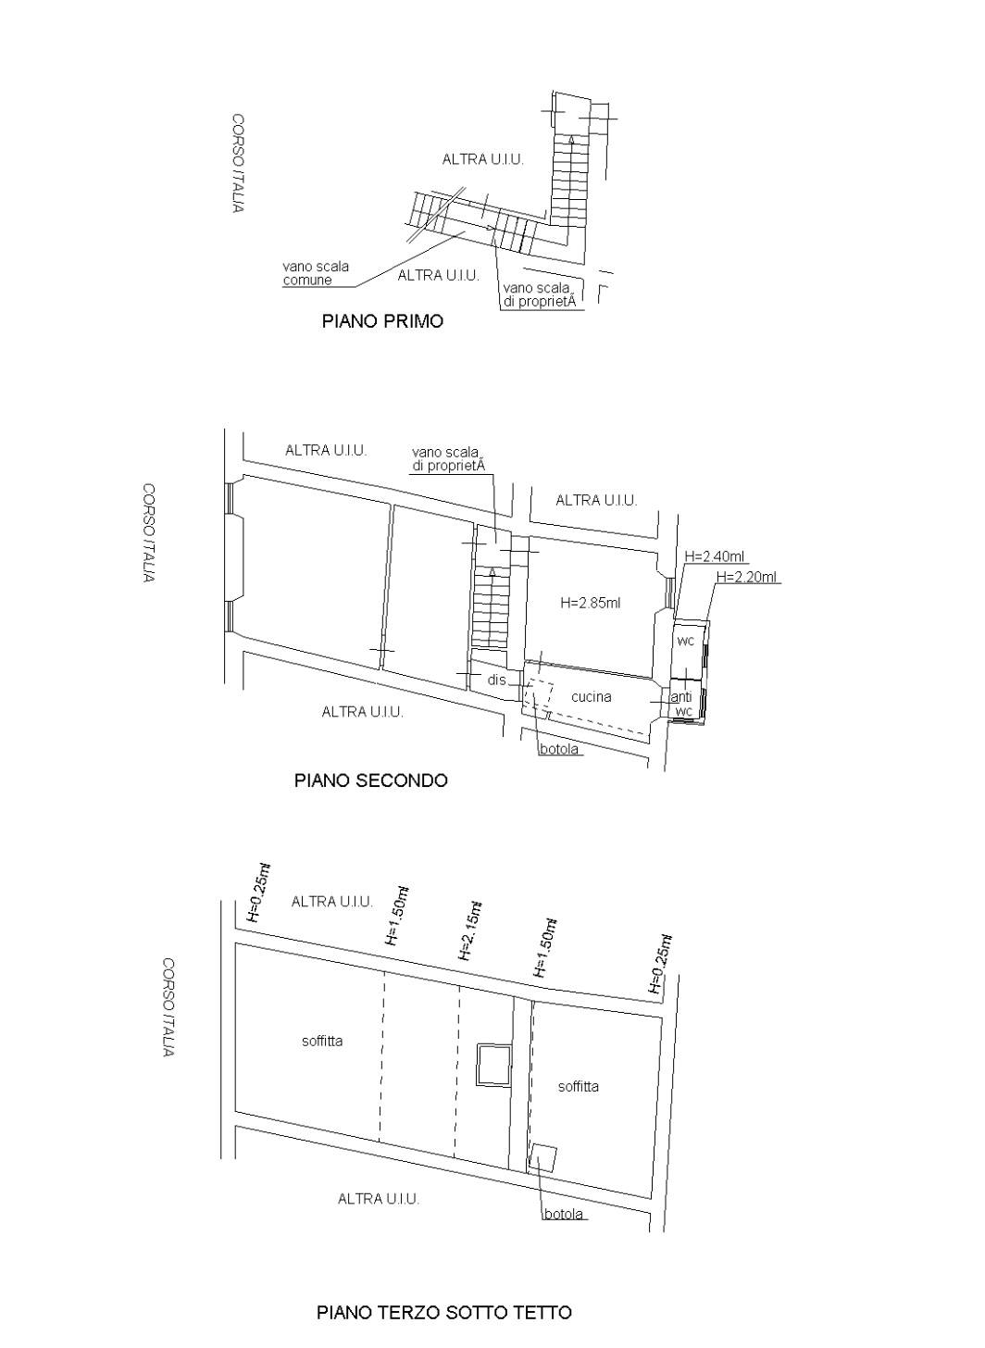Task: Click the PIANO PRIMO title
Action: click(382, 320)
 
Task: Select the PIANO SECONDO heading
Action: click(370, 780)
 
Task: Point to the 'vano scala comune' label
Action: click(316, 272)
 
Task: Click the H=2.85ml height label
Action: click(590, 603)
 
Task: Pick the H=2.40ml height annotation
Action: click(716, 556)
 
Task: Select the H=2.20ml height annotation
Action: click(747, 577)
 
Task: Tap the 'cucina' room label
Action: click(591, 697)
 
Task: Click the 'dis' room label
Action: click(496, 680)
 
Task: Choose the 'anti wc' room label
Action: click(681, 704)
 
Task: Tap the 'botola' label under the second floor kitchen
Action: click(559, 749)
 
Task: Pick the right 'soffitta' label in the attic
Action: click(579, 1086)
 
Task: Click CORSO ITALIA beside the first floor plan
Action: click(238, 163)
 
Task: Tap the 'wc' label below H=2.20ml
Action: click(685, 641)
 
